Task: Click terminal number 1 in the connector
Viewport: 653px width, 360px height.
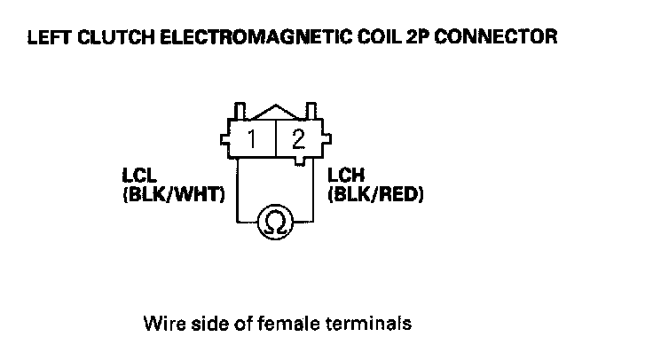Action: click(253, 139)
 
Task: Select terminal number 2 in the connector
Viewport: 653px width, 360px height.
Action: click(298, 139)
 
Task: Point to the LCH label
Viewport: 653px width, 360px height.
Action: click(342, 176)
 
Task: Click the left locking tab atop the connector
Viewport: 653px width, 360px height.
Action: click(239, 112)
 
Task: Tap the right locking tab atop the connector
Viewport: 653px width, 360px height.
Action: click(311, 112)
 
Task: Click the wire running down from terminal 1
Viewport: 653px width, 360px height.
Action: click(237, 191)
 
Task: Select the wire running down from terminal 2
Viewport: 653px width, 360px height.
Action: click(315, 191)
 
